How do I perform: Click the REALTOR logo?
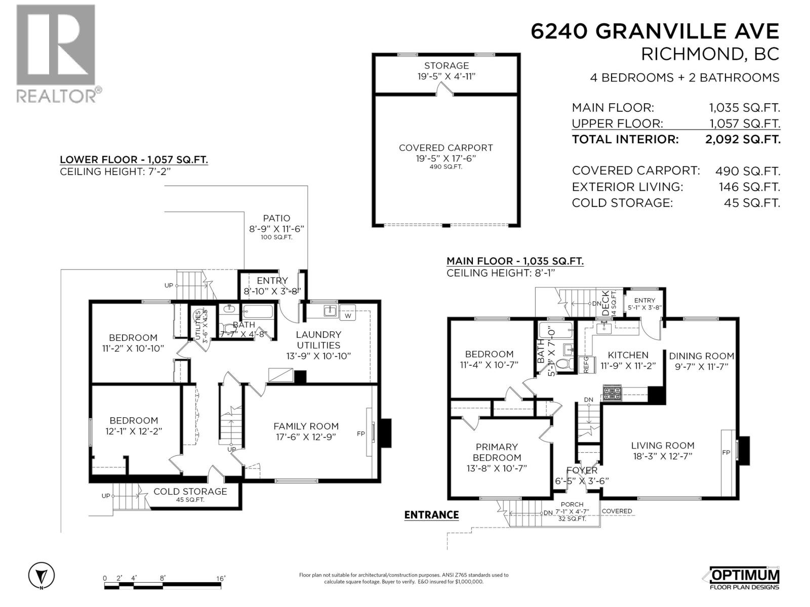pos(56,53)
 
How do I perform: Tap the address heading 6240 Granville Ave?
pos(655,31)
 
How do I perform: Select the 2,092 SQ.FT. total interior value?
pos(743,139)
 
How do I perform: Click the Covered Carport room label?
pos(445,148)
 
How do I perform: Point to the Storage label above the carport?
pos(446,66)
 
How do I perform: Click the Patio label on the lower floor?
pos(276,219)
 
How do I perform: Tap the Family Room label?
pos(306,426)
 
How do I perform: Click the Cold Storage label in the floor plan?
pos(190,491)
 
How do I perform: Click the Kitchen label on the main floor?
pos(628,355)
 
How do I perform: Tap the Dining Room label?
pos(701,356)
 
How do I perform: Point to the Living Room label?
pos(662,446)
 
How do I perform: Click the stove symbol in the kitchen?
pos(612,393)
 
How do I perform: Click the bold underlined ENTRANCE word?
pos(431,515)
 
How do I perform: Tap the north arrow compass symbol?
pos(42,576)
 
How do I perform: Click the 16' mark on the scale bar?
pos(220,578)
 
